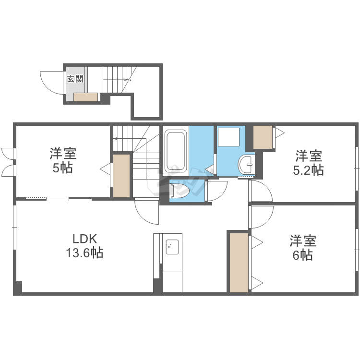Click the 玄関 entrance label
tap(75, 79)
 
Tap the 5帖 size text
tap(63, 168)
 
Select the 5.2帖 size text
tap(308, 170)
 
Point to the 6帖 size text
tap(302, 255)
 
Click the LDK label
tap(84, 239)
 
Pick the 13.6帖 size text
tap(84, 252)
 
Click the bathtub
tap(176, 151)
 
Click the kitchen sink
tap(172, 247)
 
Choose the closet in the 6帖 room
tap(239, 263)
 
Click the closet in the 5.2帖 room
tap(263, 137)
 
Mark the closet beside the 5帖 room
tap(121, 176)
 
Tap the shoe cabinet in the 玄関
tap(85, 97)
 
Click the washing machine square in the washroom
tap(228, 137)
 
